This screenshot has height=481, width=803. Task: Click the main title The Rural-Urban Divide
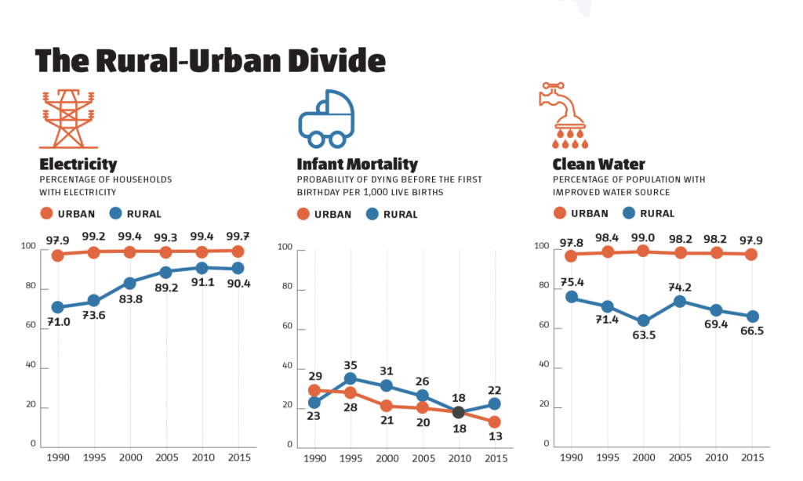pyautogui.click(x=210, y=60)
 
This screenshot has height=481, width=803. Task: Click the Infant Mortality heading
pyautogui.click(x=357, y=165)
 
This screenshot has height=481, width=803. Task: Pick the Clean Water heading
pyautogui.click(x=598, y=165)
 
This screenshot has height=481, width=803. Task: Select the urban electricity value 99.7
pyautogui.click(x=239, y=237)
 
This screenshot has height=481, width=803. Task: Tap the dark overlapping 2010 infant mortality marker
pyautogui.click(x=459, y=413)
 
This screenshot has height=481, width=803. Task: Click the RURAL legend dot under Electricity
pyautogui.click(x=115, y=213)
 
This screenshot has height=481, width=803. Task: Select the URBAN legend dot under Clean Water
pyautogui.click(x=560, y=213)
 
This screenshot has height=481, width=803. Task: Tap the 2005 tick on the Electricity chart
pyautogui.click(x=166, y=457)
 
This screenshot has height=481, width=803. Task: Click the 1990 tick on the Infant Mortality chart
pyautogui.click(x=314, y=457)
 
